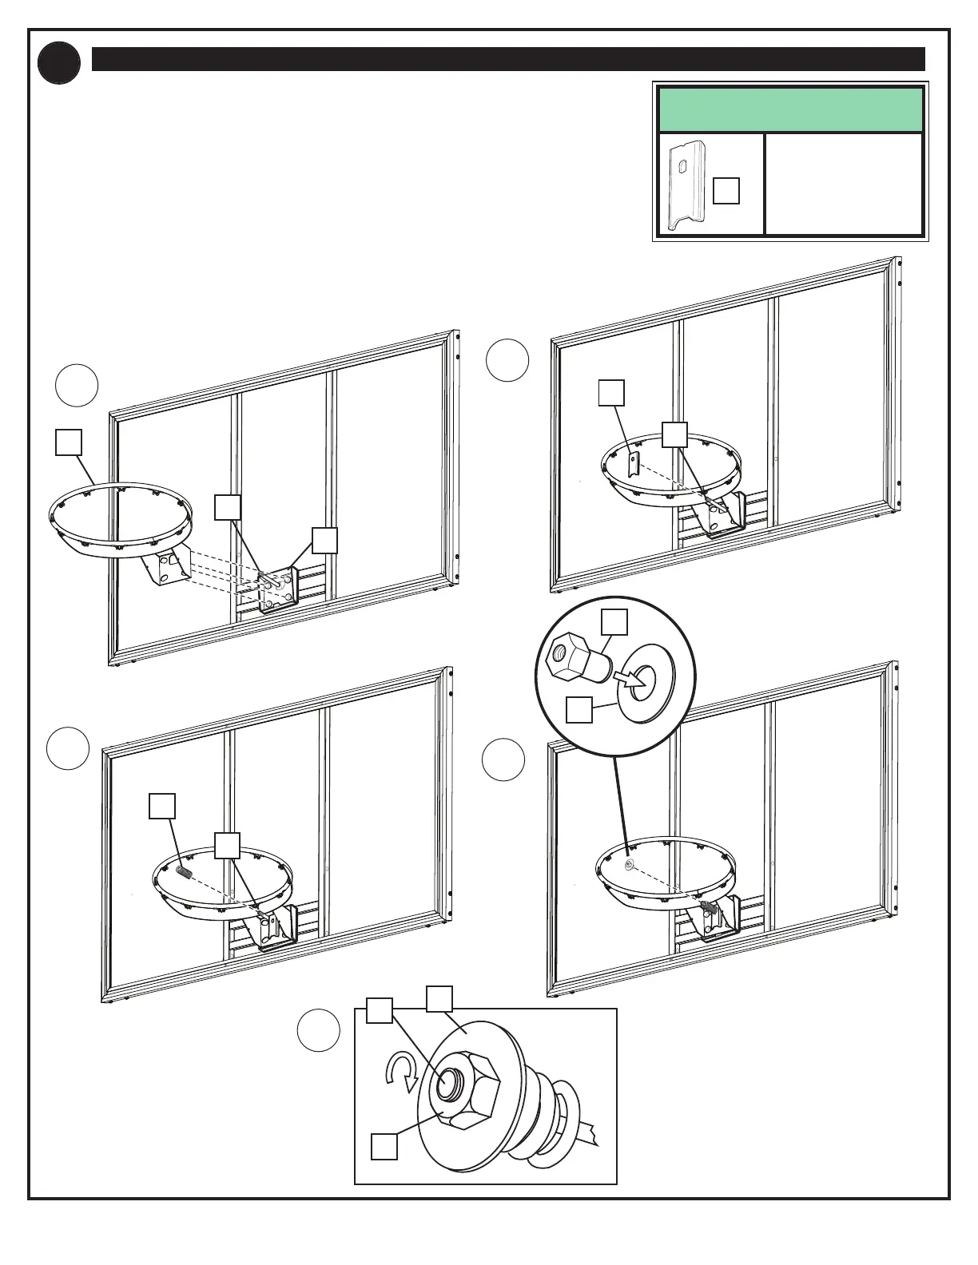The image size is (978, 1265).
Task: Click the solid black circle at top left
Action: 59,63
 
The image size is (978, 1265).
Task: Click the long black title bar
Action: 508,59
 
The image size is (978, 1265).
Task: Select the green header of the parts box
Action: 789,109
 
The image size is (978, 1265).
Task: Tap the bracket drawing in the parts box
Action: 686,185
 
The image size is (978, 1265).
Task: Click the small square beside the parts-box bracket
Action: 726,191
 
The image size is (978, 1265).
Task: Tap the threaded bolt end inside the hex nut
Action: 447,1085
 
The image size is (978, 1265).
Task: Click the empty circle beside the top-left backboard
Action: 77,386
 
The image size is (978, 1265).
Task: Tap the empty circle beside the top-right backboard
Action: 507,360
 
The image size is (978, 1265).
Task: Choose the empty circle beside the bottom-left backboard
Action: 67,748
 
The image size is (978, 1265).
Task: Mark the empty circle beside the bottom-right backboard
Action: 503,759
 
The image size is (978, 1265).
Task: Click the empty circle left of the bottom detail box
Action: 318,1031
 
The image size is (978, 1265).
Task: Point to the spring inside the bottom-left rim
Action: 184,873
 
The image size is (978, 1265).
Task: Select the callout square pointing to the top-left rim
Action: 68,442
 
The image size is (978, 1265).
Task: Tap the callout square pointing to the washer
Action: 578,710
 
